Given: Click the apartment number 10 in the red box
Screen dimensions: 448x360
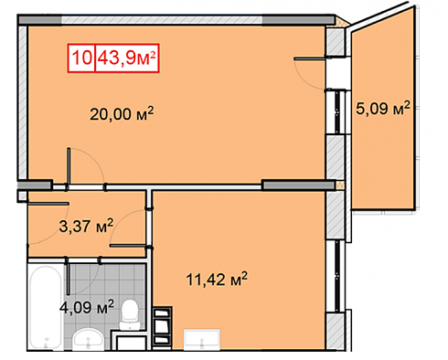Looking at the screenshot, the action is pos(81,58).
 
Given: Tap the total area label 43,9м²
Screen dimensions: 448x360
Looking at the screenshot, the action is pos(127,58).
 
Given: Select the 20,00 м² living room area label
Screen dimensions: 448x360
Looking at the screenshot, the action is pos(122,114).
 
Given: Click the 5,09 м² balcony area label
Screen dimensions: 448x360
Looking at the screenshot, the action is pos(383,108).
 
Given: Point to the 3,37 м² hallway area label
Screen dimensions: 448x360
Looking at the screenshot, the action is pos(86,226).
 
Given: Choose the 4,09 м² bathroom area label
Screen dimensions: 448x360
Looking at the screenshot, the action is pos(87,307).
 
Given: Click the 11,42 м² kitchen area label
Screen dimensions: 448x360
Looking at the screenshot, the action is pos(217,280).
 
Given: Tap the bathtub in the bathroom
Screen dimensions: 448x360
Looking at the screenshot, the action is pos(46,307).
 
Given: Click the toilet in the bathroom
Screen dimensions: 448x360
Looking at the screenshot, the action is pos(130,314).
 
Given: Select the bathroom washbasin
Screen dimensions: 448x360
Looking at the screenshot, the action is pos(89,340).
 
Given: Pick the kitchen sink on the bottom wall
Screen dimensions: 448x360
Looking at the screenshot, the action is pos(202,339).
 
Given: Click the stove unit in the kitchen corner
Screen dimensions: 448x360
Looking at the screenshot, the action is pos(162,327).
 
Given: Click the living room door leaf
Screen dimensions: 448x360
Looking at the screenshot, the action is pos(69,166).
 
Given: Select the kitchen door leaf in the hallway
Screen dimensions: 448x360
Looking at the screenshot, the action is pos(128,246).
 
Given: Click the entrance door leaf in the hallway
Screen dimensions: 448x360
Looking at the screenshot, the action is pos(48,204).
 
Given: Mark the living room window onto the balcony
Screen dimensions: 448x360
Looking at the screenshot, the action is pos(337,111).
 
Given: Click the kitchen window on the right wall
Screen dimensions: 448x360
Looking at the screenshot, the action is pos(337,276).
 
